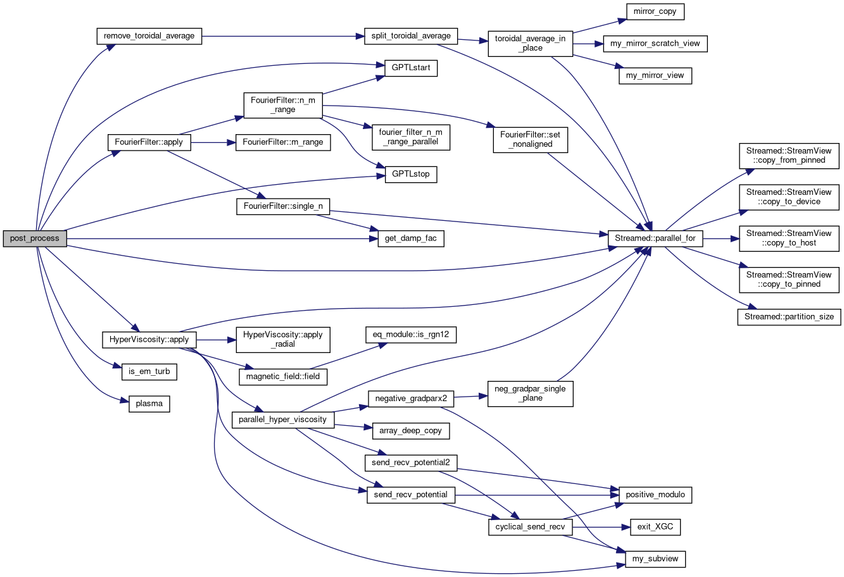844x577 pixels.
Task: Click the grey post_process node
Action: (x=35, y=239)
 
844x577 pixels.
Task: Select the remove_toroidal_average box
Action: (x=149, y=36)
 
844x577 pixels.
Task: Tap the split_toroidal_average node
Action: (x=410, y=36)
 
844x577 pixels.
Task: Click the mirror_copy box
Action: (x=655, y=12)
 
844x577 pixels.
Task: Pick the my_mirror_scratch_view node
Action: (x=655, y=44)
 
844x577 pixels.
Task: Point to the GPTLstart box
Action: (x=410, y=68)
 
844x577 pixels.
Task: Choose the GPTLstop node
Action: (x=410, y=174)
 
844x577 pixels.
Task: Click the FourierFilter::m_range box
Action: (x=282, y=142)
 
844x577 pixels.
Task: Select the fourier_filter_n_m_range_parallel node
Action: (x=410, y=137)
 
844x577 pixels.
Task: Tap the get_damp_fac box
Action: (x=410, y=239)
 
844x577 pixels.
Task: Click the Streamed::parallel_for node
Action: (x=655, y=239)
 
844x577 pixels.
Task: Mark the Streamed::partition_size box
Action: (x=788, y=317)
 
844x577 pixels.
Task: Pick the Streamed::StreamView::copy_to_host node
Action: (x=788, y=238)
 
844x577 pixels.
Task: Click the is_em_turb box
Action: (x=149, y=371)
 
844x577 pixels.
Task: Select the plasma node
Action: (x=149, y=403)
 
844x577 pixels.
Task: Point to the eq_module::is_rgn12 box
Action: (x=410, y=334)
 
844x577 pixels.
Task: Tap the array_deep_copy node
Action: (x=410, y=431)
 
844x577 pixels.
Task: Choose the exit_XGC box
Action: (x=655, y=526)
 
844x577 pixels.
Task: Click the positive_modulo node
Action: (x=655, y=494)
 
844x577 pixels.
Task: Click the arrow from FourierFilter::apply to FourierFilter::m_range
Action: (x=213, y=142)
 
